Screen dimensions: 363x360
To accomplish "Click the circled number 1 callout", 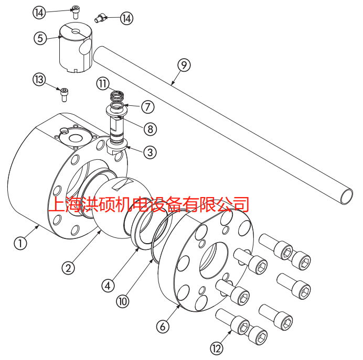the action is click(x=20, y=243).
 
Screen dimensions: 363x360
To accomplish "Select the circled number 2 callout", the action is click(x=68, y=268).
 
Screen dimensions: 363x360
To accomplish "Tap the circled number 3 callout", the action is click(x=150, y=152).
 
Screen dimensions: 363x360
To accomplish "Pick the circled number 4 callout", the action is click(x=108, y=286).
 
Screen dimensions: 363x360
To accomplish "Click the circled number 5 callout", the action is click(x=40, y=38).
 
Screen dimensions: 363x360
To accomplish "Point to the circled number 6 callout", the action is click(x=163, y=326).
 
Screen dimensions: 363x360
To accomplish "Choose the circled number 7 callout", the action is click(x=148, y=107).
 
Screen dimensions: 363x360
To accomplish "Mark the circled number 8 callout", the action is click(x=150, y=129).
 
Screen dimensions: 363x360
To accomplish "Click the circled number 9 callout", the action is click(x=184, y=65).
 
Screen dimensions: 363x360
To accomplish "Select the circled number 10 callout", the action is click(x=123, y=301).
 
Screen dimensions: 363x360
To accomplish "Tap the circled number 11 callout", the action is click(x=103, y=84).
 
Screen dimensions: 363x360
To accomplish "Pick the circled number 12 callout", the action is click(x=217, y=348).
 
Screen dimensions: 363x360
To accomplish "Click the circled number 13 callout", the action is click(x=39, y=80).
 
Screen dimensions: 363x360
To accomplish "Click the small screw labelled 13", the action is click(x=63, y=94).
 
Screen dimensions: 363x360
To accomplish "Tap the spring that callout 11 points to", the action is click(x=116, y=95).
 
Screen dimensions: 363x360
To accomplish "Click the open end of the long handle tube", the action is click(x=347, y=197).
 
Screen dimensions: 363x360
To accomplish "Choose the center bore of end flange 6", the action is click(x=213, y=260).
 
